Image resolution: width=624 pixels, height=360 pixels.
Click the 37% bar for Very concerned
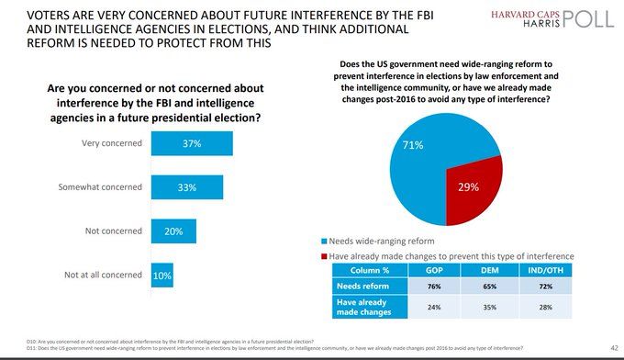pos(191,143)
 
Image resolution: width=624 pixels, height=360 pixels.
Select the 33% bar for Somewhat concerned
pos(186,187)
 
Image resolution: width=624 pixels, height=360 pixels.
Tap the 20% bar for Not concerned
pos(173,231)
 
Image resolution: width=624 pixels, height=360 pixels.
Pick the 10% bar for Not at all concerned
pos(162,274)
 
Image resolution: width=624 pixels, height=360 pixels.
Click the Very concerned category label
pos(113,143)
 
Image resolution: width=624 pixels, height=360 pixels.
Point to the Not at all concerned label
pos(102,274)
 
